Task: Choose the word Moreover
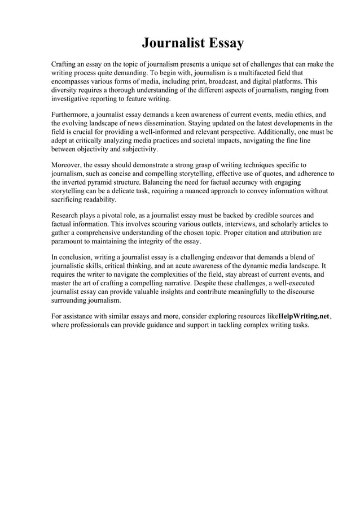(x=66, y=165)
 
